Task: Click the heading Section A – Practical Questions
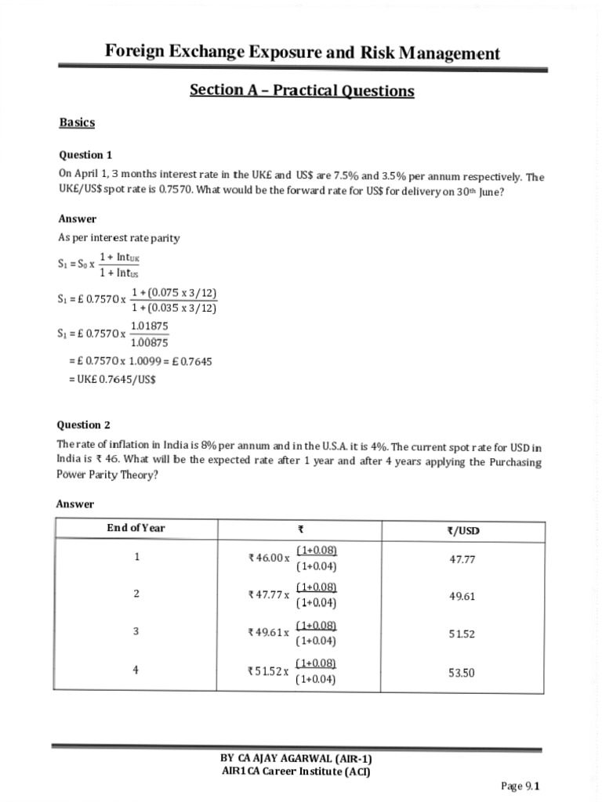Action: (x=302, y=90)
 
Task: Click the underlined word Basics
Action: (x=77, y=123)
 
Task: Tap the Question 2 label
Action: (x=83, y=425)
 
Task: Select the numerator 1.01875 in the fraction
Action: (x=149, y=325)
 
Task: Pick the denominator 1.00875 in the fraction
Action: (x=149, y=342)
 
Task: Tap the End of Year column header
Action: (x=136, y=528)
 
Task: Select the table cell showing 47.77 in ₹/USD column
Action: (x=462, y=559)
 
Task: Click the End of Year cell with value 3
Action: (x=136, y=631)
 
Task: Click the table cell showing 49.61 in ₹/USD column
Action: (x=462, y=596)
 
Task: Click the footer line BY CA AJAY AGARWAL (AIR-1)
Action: (x=296, y=759)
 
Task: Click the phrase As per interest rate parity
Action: (x=119, y=238)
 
